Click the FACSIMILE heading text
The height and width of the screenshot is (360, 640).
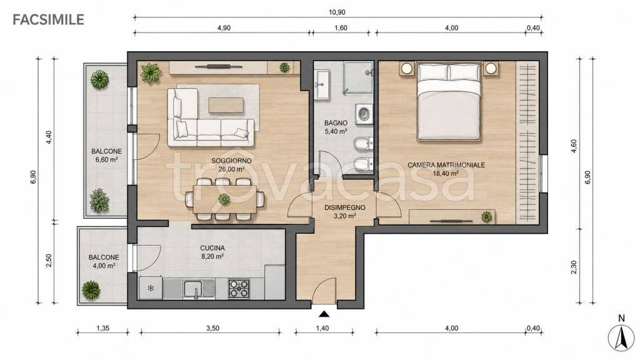(x=48, y=19)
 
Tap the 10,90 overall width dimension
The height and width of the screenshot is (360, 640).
(x=337, y=12)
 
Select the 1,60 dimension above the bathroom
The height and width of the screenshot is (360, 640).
(x=341, y=27)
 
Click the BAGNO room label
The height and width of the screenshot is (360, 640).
(x=336, y=123)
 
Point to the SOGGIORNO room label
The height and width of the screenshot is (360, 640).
(x=231, y=161)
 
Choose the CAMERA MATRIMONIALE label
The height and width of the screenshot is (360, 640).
(x=446, y=165)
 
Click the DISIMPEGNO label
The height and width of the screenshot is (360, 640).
(x=345, y=207)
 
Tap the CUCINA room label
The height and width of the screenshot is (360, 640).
(x=212, y=247)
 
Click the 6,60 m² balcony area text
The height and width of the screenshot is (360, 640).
(x=106, y=159)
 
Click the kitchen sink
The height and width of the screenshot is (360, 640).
(x=199, y=289)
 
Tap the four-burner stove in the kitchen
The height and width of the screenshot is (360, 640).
(x=239, y=289)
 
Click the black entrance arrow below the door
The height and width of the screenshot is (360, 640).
(x=324, y=314)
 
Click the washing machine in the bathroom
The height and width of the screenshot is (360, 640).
(x=364, y=114)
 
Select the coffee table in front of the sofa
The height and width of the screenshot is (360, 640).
(x=226, y=105)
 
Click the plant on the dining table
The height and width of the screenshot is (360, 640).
(x=224, y=199)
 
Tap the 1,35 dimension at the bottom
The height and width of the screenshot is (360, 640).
(x=103, y=328)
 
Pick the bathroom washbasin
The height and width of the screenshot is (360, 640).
(x=322, y=84)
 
